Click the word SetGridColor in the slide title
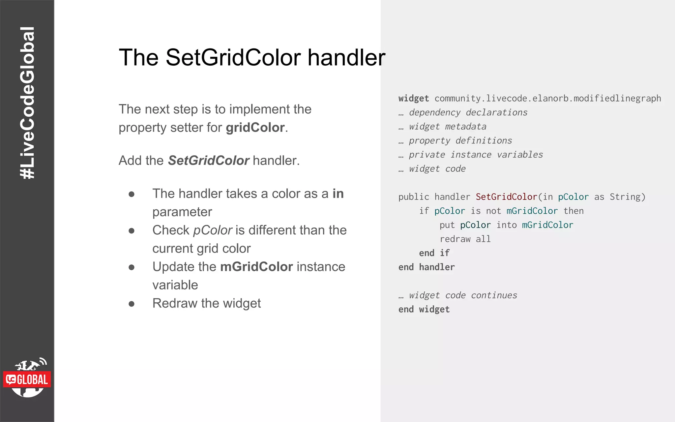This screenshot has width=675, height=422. point(233,58)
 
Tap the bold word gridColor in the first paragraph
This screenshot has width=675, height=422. point(255,128)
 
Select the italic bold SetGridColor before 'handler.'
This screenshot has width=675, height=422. point(208,161)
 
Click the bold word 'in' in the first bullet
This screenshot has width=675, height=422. point(338,194)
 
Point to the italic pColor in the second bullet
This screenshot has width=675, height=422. point(213,230)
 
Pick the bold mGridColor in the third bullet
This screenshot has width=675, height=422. point(256,267)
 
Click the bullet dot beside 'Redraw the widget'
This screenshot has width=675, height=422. point(132,304)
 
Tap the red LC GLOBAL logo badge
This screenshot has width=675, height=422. point(27,379)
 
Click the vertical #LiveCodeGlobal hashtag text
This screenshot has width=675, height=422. point(27,103)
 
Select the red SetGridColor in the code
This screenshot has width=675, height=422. point(506,197)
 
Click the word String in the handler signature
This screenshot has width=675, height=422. point(625,197)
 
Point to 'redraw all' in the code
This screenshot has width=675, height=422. point(465,239)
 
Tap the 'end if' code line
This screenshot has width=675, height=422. point(434,253)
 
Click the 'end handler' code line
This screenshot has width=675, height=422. point(426,267)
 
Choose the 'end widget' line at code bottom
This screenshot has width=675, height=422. point(424,309)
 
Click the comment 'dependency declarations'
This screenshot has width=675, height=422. point(468,112)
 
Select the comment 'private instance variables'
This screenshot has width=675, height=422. point(476,155)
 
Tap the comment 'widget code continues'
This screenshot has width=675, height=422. point(463,295)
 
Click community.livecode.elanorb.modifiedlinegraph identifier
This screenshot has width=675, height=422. point(547,98)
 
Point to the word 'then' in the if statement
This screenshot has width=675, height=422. point(573,211)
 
